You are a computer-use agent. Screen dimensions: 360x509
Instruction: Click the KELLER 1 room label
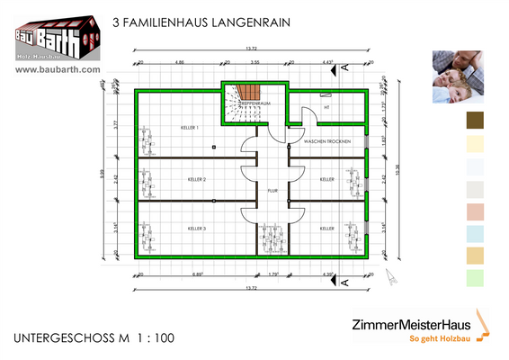189,128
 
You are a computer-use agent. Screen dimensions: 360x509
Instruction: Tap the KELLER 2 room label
197,180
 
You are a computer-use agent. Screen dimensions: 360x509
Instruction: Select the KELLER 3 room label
197,229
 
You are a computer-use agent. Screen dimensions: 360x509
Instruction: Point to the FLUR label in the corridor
272,191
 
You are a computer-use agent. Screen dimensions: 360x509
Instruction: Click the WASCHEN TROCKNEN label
326,143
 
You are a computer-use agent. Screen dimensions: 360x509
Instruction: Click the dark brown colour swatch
475,121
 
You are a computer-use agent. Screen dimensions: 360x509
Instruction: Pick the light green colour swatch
475,278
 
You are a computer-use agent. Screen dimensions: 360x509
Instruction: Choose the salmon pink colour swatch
475,211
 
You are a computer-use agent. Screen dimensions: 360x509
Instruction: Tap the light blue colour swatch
475,233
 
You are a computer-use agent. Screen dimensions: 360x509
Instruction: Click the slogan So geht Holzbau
439,339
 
